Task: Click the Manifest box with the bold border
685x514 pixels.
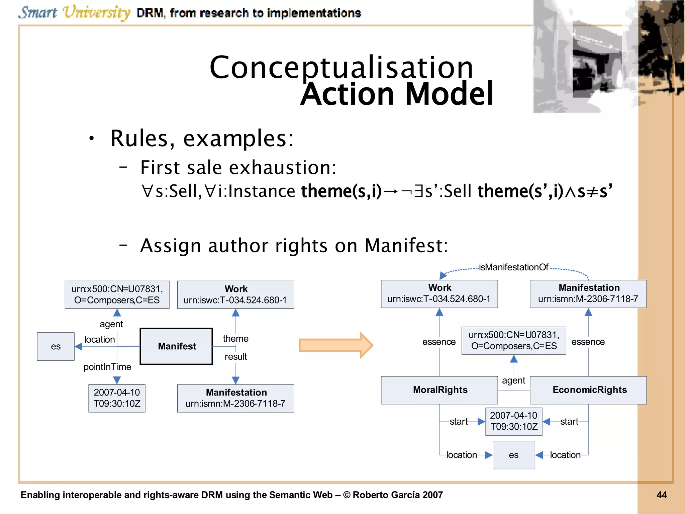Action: (x=176, y=346)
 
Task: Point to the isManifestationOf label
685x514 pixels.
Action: (x=513, y=267)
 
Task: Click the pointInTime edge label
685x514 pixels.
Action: (x=107, y=367)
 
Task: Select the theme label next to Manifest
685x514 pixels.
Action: (x=235, y=339)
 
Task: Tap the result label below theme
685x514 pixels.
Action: (x=235, y=357)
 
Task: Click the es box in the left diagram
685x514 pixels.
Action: (x=56, y=346)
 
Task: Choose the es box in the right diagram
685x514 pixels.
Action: (x=513, y=455)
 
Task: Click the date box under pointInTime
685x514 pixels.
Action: (x=117, y=398)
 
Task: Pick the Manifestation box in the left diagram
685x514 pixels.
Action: (x=235, y=398)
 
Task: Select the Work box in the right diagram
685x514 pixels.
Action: (x=439, y=293)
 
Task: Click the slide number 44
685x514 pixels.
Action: (x=661, y=495)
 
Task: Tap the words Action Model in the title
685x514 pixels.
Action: (x=397, y=94)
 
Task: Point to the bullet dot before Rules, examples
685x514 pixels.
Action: (x=91, y=138)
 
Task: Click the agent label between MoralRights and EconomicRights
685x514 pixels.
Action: (x=513, y=380)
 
